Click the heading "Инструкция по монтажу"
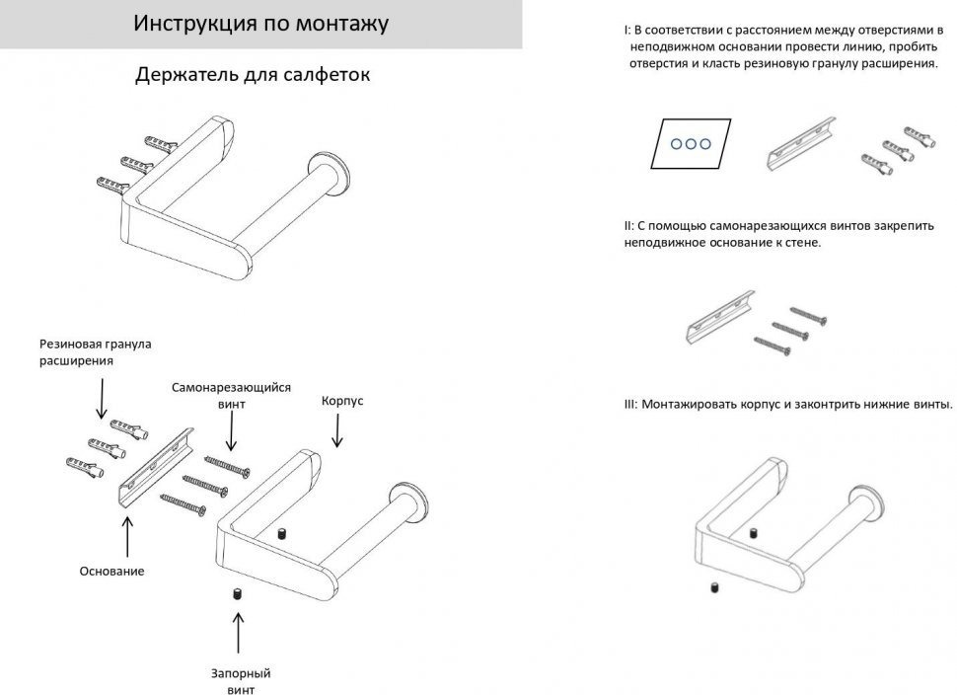260,24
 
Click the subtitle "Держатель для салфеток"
254,75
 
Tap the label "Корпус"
343,402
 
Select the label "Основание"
112,571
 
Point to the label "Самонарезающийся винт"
231,395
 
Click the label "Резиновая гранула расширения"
95,352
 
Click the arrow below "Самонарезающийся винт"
231,432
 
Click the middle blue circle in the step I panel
691,144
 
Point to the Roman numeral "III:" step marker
631,405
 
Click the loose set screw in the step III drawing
711,588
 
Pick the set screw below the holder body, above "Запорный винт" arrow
237,595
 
